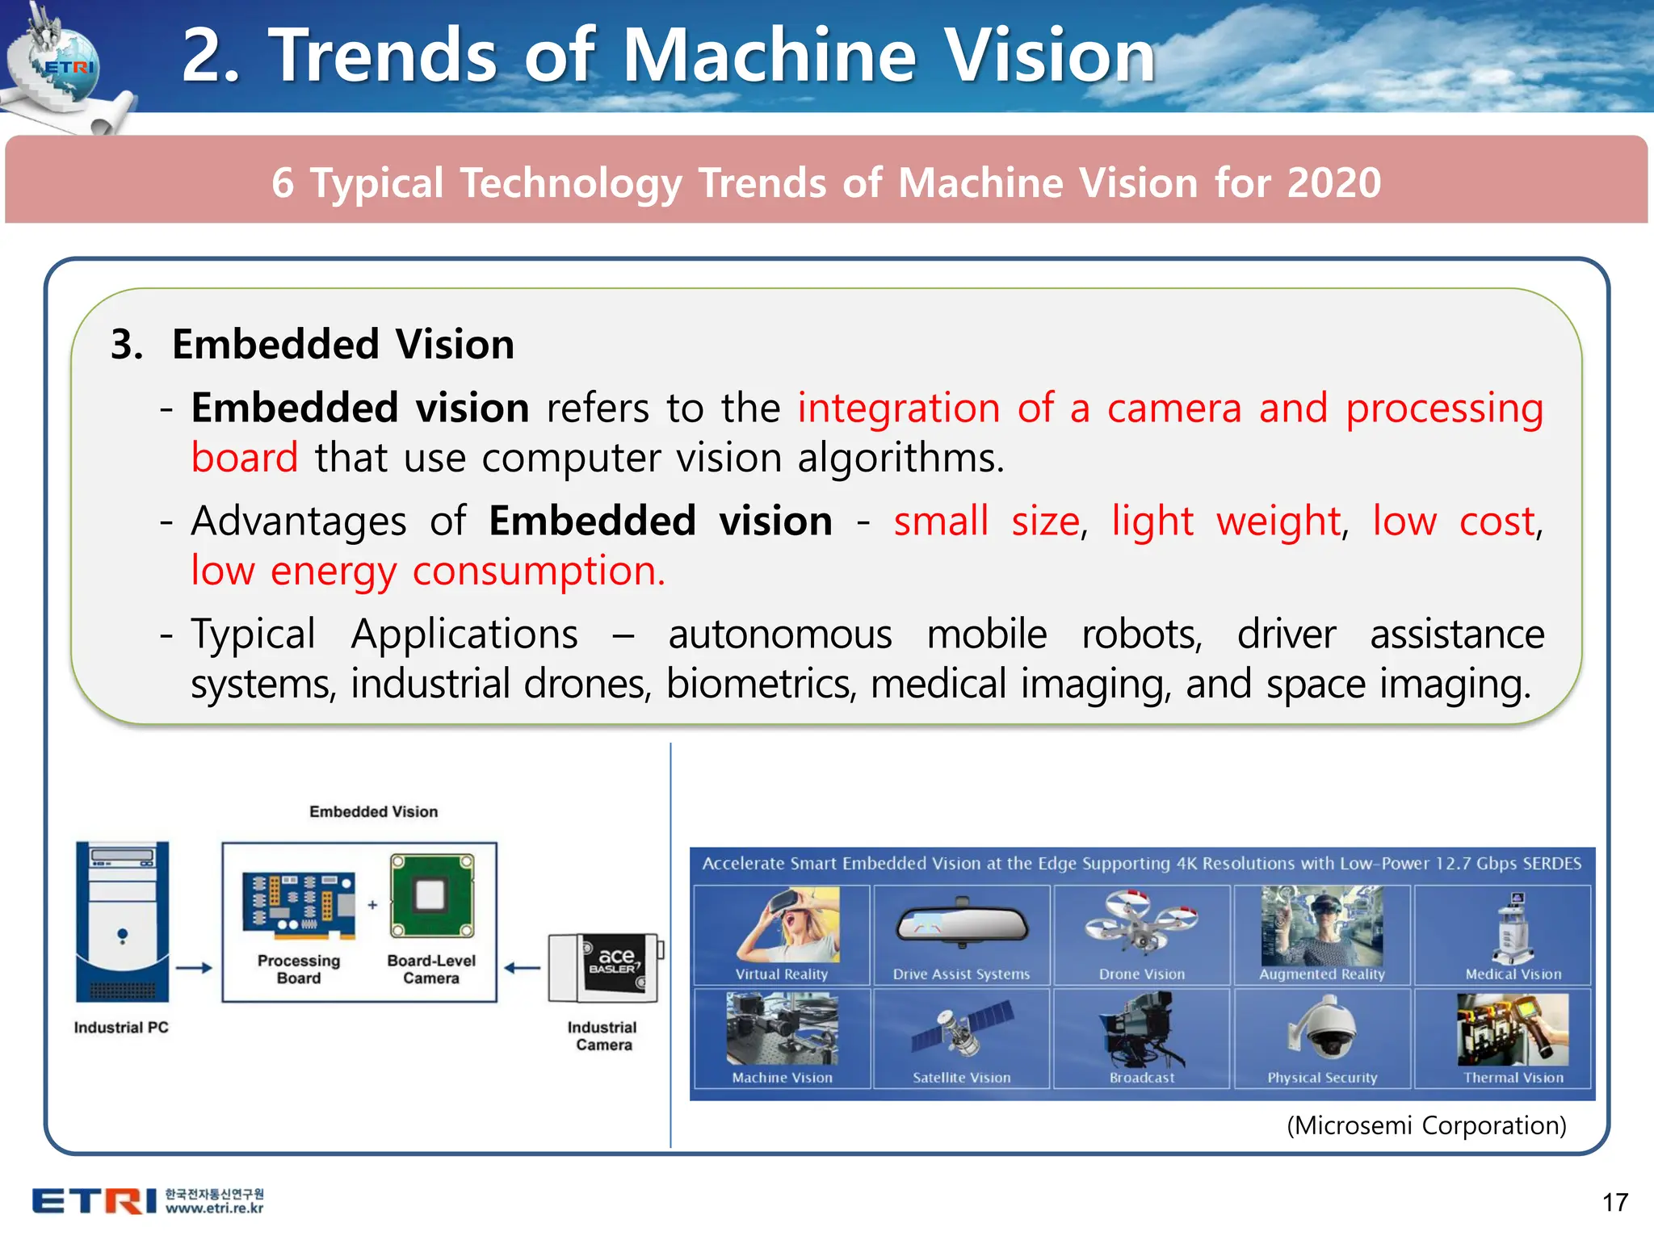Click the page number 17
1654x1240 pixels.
1615,1202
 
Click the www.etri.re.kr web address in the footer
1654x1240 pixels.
215,1209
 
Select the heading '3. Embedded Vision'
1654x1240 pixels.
313,345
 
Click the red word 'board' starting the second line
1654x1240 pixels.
245,458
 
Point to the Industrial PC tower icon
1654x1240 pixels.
122,921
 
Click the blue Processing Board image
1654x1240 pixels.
299,906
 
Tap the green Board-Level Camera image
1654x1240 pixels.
431,896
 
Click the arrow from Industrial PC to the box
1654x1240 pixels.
194,967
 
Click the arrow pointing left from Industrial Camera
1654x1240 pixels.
522,967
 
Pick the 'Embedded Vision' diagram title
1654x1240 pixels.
373,811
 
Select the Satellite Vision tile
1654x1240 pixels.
961,1038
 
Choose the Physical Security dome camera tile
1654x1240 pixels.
1322,1038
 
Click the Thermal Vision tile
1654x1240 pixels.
1513,1038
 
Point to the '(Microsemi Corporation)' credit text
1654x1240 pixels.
1426,1125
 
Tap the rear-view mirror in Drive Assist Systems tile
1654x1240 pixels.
961,924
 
